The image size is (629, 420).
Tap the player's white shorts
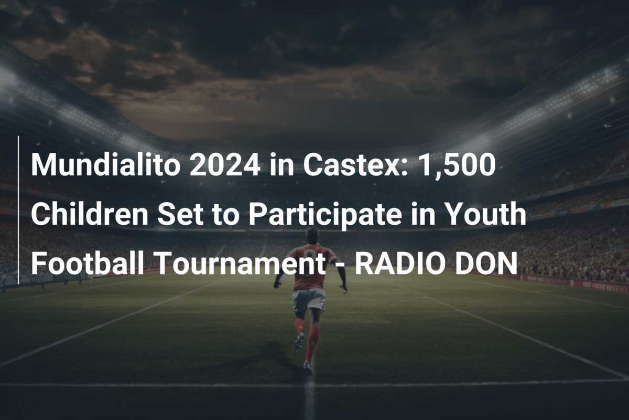click(x=308, y=300)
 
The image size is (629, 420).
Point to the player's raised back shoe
click(x=299, y=342)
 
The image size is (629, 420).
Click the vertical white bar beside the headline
click(x=18, y=210)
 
